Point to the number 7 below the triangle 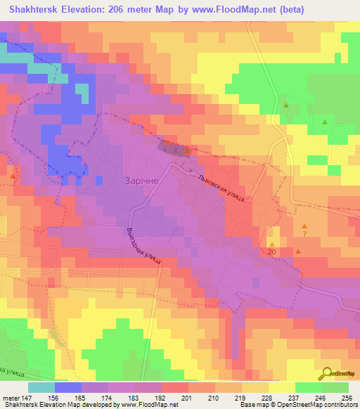(x=304, y=234)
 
